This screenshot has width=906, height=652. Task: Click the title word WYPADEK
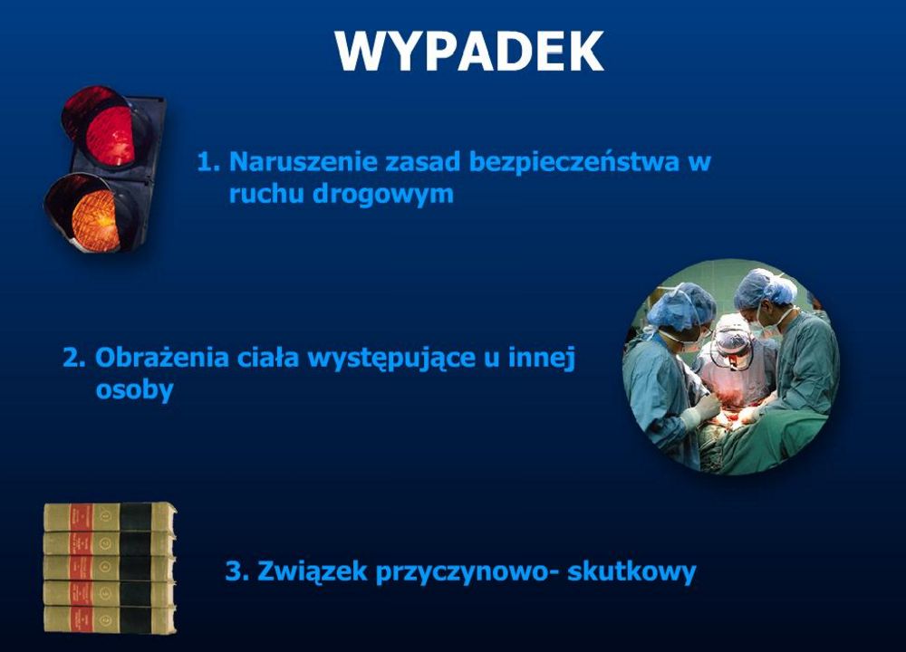pyautogui.click(x=469, y=51)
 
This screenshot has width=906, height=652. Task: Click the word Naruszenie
pyautogui.click(x=303, y=161)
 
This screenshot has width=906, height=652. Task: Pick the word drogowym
pyautogui.click(x=383, y=195)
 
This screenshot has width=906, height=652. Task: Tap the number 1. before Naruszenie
pyautogui.click(x=208, y=162)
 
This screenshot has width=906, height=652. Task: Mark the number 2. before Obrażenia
pyautogui.click(x=74, y=358)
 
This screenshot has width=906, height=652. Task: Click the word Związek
pyautogui.click(x=312, y=571)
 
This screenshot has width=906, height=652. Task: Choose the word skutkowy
pyautogui.click(x=631, y=571)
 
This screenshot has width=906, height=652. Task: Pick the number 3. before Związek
pyautogui.click(x=236, y=571)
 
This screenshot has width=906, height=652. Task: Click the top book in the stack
pyautogui.click(x=110, y=517)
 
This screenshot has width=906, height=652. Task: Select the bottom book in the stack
pyautogui.click(x=110, y=619)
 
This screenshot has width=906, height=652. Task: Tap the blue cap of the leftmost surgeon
pyautogui.click(x=682, y=306)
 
